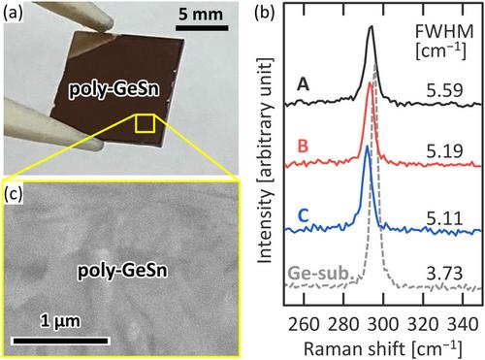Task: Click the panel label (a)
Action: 13,14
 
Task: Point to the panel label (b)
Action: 265,14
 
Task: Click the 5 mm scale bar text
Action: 201,15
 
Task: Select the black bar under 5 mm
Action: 202,28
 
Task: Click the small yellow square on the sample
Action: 145,123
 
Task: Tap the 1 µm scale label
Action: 60,321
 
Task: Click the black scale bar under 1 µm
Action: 60,341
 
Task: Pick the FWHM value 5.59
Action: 444,91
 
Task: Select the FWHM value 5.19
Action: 444,151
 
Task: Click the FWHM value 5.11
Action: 444,219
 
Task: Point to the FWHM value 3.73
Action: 444,274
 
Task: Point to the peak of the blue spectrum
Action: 367,147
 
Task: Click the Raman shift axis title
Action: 382,349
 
